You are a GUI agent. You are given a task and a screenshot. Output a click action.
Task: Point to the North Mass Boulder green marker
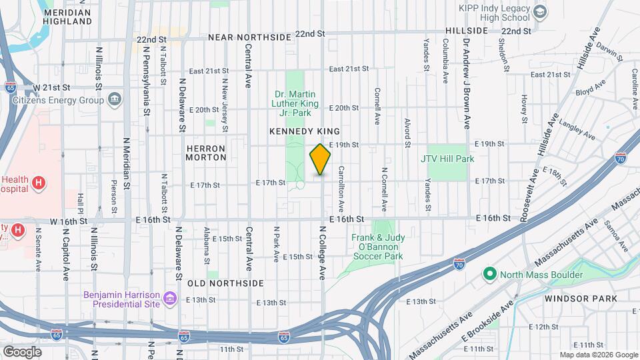(491, 274)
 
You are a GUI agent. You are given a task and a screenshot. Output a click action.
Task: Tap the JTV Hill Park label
(447, 159)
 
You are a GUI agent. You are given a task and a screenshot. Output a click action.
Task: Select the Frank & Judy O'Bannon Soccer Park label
(377, 246)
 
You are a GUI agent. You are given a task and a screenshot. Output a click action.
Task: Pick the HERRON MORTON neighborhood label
(206, 153)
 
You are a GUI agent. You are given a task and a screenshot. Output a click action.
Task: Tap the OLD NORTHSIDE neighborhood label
(225, 283)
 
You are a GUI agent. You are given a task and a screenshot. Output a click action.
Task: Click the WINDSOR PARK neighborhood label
(581, 299)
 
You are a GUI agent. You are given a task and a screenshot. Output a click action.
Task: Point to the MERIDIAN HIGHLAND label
(67, 17)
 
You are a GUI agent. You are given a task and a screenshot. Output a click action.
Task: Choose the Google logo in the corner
(21, 351)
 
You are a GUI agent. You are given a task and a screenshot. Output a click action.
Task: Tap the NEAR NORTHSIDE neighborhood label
(249, 37)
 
